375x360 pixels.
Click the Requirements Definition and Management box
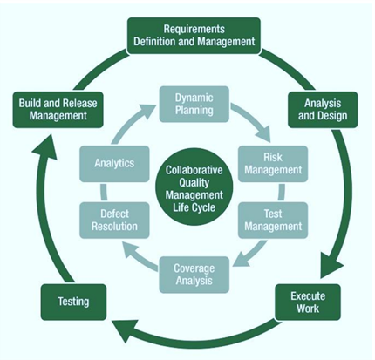point(194,36)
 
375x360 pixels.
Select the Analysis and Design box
point(323,110)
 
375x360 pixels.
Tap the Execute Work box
point(308,302)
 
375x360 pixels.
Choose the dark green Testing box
point(73,302)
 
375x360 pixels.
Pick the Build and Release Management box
point(58,110)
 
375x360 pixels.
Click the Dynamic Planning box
point(194,104)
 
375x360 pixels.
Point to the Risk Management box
point(273,164)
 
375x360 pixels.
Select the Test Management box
point(273,221)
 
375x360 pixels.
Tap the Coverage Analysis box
point(194,275)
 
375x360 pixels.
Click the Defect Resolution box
point(114,221)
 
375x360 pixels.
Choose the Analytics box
point(114,164)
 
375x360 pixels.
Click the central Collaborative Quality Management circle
point(194,189)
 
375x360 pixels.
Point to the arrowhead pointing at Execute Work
point(332,265)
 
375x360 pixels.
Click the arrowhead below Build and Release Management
point(45,146)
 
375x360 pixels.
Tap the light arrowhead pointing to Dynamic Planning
point(147,112)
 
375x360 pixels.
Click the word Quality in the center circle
point(194,182)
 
